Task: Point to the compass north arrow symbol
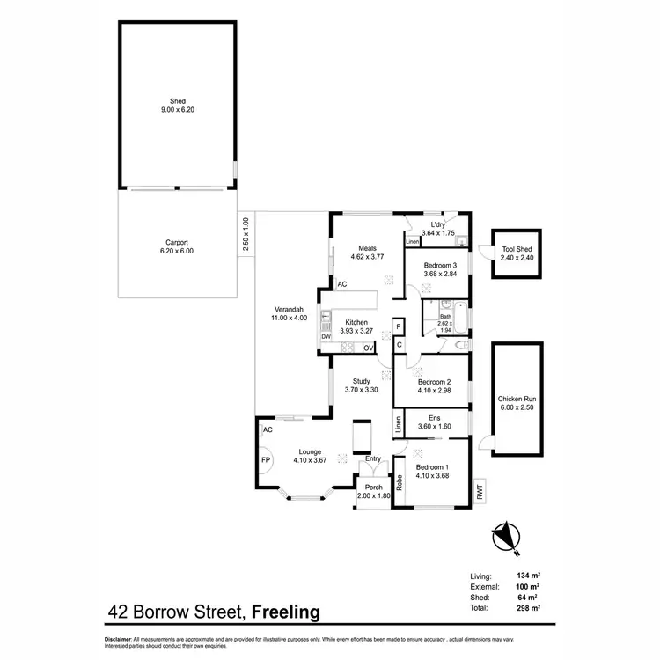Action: pos(504,534)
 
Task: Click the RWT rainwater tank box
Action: pos(480,491)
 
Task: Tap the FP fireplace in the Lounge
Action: pos(265,459)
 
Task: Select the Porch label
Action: pos(374,492)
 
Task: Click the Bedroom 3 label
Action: pos(440,270)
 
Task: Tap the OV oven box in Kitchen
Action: pos(368,348)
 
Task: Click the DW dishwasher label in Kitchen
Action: pos(325,336)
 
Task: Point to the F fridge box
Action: pos(399,326)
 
